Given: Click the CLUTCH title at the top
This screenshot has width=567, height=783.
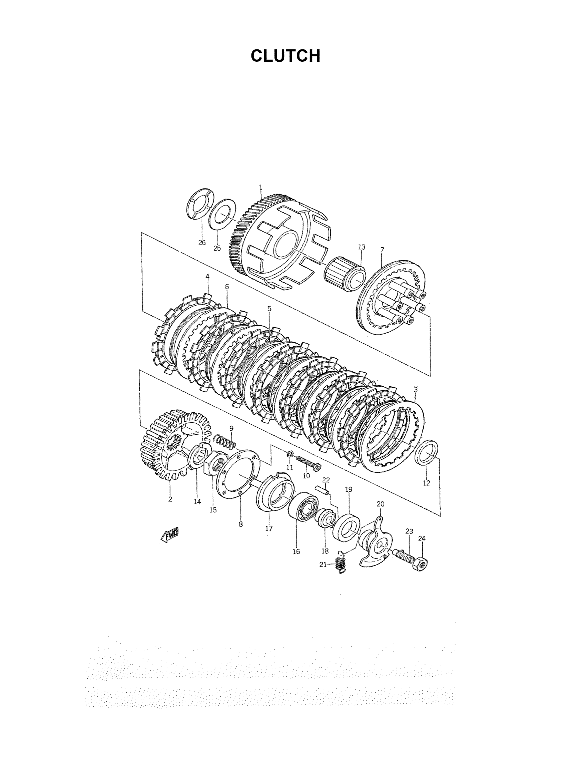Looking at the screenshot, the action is coord(286,56).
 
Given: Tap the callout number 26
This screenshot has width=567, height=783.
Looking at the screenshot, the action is coord(202,243).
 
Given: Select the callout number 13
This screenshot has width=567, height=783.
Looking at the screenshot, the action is coord(362,247).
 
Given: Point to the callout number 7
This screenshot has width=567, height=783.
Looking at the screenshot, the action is coord(382,249).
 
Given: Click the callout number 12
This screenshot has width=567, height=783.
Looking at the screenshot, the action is coord(427,483).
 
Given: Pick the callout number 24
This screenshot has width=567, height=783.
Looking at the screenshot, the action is coord(422,538).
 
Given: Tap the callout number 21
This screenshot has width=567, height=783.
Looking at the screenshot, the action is coord(323,564).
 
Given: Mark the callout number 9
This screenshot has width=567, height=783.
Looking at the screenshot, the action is coord(231,428).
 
